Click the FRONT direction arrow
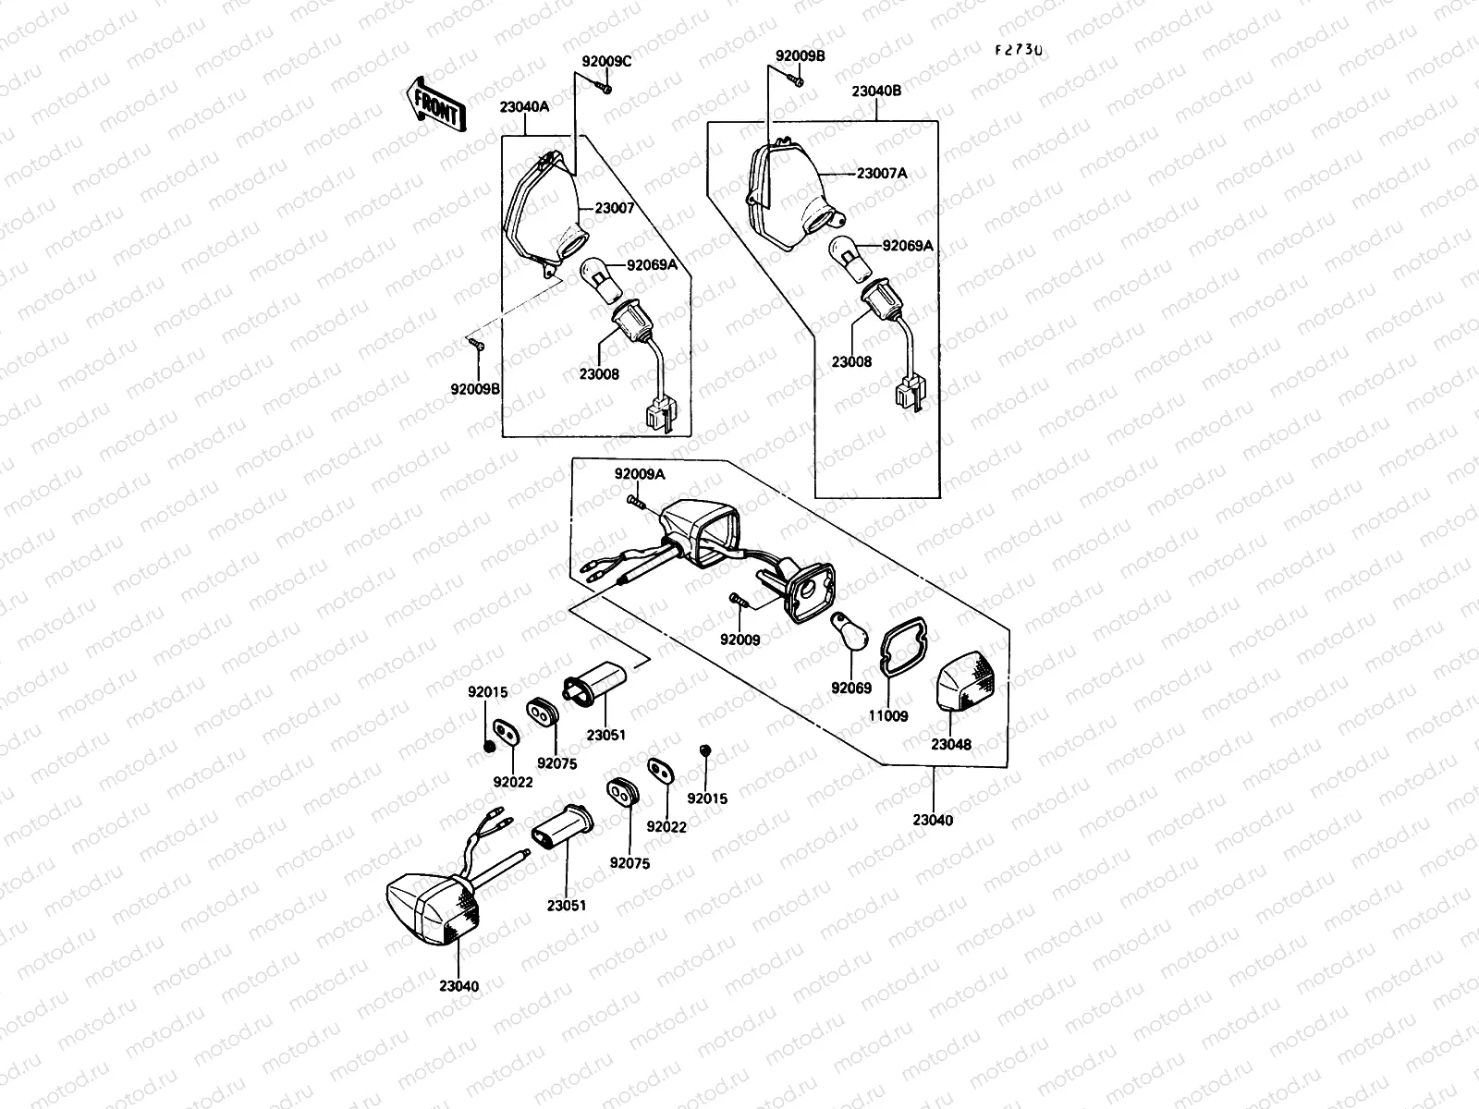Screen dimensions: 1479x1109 tap(436, 105)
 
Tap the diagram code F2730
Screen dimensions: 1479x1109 tap(1020, 51)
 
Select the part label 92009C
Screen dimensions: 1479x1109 tap(607, 62)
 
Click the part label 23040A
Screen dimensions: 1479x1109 tap(525, 106)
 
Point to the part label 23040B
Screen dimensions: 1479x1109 tap(876, 91)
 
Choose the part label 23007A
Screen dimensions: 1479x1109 tap(882, 174)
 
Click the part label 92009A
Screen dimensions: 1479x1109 tap(640, 474)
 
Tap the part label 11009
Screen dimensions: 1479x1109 tap(888, 715)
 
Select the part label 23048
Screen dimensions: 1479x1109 tap(951, 744)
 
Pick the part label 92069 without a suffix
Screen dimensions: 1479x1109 tap(851, 688)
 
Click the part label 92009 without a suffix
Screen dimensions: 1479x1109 tap(739, 640)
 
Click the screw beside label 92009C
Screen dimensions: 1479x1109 tap(603, 87)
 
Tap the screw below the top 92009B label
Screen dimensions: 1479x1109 tap(795, 80)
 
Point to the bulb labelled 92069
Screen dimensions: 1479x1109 tap(849, 631)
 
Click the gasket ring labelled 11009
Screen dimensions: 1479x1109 tap(904, 646)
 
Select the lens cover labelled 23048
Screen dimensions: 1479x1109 tap(967, 681)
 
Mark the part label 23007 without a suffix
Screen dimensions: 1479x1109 tap(615, 208)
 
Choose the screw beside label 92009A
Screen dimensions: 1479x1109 tap(635, 502)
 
